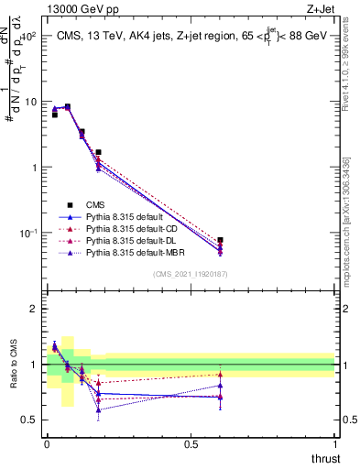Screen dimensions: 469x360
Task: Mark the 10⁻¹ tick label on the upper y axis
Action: coord(28,233)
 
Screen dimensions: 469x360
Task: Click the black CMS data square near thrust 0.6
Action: coord(220,240)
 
